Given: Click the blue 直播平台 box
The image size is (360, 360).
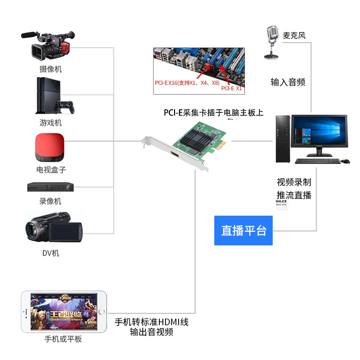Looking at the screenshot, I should click(x=243, y=230).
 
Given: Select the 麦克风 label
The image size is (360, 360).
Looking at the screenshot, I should click(x=294, y=36).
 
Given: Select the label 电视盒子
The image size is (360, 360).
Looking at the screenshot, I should click(x=51, y=170).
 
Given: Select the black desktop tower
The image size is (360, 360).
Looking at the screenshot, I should click(x=283, y=139).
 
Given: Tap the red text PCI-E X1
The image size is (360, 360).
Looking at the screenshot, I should click(x=231, y=89).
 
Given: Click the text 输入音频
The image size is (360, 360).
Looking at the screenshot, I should click(x=288, y=82).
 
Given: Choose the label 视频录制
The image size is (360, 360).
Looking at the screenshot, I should click(x=294, y=182).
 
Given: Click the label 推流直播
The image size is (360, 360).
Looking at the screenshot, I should click(x=294, y=195).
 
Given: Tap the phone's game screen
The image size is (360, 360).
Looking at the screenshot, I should click(x=63, y=311).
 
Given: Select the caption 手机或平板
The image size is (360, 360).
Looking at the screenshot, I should click(x=63, y=339).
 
